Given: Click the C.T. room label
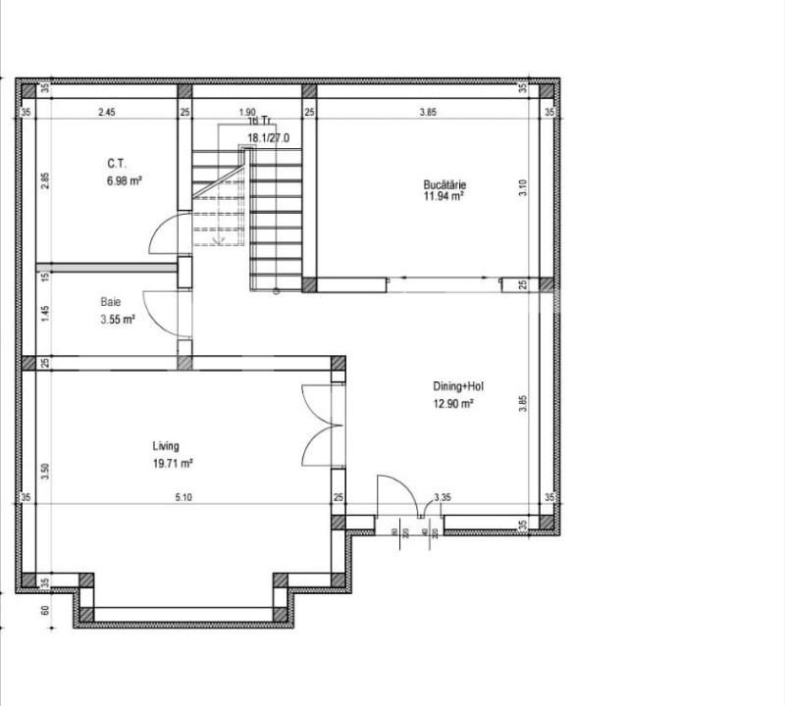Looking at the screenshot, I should click(x=117, y=165).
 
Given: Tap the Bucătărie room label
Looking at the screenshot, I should click(x=444, y=183).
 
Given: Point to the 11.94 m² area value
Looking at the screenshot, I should click(x=443, y=196).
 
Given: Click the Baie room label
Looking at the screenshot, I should click(x=110, y=302).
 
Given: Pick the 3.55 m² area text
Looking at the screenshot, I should click(x=116, y=319).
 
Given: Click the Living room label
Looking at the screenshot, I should click(x=166, y=446).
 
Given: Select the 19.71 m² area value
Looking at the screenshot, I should click(x=172, y=463).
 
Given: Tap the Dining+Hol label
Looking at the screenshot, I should click(x=458, y=385).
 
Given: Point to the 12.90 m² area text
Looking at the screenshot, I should click(x=454, y=403).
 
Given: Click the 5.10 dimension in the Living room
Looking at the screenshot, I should click(x=183, y=498).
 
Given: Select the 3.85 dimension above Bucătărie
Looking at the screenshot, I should click(x=428, y=113).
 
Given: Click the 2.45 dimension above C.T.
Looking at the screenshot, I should click(x=107, y=113).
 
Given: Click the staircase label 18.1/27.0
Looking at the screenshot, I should click(x=267, y=138).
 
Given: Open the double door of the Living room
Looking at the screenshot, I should click(x=320, y=426).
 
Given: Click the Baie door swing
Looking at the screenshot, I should click(x=161, y=314).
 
